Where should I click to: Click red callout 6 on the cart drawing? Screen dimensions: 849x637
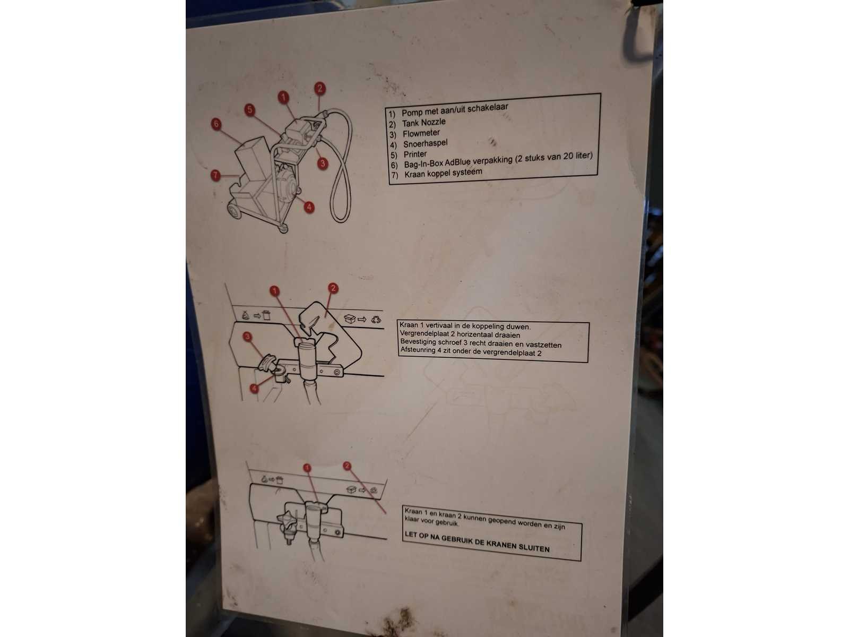[x=216, y=124]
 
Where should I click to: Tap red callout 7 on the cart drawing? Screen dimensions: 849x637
[x=215, y=175]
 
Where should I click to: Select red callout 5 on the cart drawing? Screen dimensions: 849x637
[x=250, y=110]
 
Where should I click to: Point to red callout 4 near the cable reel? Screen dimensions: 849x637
[x=309, y=208]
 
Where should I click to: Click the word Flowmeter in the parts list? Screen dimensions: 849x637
[x=421, y=133]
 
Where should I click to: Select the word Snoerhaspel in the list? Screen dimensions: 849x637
[x=426, y=143]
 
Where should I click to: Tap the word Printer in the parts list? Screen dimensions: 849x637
[x=415, y=154]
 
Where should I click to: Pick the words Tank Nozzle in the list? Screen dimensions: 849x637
[x=424, y=123]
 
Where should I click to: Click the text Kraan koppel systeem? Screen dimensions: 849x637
[x=443, y=173]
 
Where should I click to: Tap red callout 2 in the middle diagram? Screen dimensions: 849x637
[x=333, y=288]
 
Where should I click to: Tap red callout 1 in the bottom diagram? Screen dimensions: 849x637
[x=307, y=468]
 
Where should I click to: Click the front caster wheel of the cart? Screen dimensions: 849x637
[x=283, y=229]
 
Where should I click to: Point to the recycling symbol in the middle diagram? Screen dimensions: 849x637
[x=376, y=320]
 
